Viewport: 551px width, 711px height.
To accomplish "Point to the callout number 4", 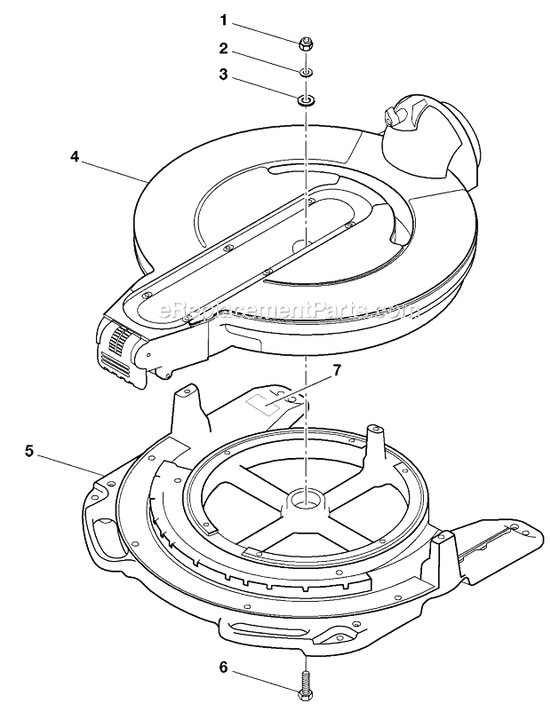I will click(76, 155).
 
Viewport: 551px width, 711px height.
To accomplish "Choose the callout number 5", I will click(29, 451).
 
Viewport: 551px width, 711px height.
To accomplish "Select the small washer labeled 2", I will click(305, 69).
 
